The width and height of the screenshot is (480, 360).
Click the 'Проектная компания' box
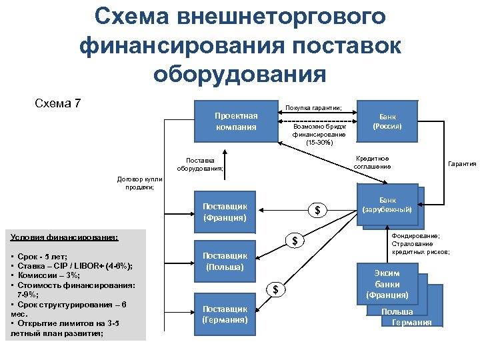point(235,121)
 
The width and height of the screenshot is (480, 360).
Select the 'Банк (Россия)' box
point(387,121)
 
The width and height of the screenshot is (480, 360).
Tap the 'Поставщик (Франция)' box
point(225,211)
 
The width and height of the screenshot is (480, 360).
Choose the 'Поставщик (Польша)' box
point(225,261)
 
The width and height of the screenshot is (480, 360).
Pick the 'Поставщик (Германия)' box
point(225,314)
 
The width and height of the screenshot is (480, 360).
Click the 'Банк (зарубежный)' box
point(387,205)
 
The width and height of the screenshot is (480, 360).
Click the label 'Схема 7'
point(57,103)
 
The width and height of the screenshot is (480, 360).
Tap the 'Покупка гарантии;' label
point(313,107)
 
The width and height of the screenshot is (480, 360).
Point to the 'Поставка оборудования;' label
point(200,164)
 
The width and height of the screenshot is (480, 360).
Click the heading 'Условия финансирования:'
point(65,237)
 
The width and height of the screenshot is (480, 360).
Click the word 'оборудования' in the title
point(239,72)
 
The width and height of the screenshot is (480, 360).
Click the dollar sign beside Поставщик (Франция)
point(317,211)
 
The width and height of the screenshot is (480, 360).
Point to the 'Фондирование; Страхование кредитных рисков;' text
point(421,243)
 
